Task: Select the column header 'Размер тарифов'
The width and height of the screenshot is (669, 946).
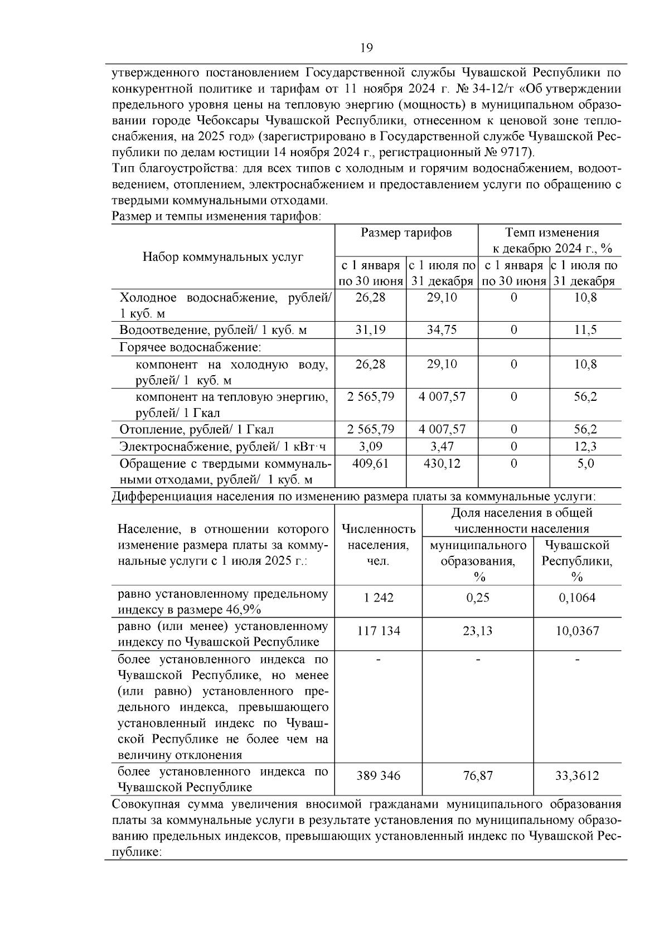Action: [406, 233]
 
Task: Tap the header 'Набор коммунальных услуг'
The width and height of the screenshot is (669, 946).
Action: [223, 257]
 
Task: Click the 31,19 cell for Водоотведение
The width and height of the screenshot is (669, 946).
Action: [370, 330]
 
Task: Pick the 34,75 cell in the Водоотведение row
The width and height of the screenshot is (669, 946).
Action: [442, 330]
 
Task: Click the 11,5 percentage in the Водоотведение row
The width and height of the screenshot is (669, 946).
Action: [585, 330]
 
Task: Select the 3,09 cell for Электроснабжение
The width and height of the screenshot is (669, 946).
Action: [370, 447]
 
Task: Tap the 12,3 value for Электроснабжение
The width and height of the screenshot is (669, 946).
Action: [585, 447]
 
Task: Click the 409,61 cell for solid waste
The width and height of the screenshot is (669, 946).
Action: [370, 463]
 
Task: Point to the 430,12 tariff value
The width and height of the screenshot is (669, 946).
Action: [442, 463]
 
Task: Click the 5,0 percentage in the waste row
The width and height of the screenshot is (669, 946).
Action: [585, 463]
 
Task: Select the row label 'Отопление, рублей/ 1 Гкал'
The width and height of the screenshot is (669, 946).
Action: [197, 430]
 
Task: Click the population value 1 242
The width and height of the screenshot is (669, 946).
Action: [379, 598]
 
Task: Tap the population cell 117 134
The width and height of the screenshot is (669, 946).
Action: [379, 631]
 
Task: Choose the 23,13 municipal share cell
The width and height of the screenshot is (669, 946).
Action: [477, 631]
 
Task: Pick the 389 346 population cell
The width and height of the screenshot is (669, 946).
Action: [379, 776]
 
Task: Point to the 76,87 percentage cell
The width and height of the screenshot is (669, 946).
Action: [477, 776]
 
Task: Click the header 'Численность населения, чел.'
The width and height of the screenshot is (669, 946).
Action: [379, 545]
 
